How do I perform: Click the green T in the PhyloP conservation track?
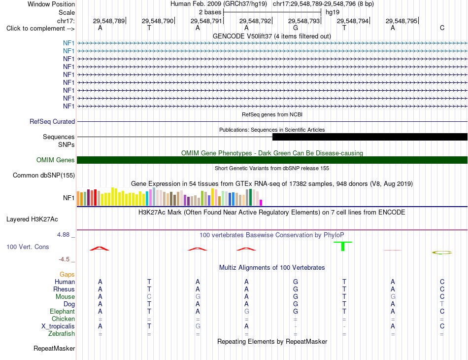pos(343,246)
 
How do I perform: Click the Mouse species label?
pos(65,297)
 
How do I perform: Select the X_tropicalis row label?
pos(58,326)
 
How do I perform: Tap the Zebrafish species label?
pos(62,334)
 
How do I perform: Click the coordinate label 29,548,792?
pos(255,21)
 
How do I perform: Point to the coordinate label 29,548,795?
pos(401,21)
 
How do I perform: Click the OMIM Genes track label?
pos(56,160)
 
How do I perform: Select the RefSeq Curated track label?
pos(52,122)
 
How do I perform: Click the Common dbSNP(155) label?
pos(44,176)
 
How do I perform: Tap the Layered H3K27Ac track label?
pos(32,219)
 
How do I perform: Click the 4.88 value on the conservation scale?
pos(63,235)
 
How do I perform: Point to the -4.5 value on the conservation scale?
pos(64,259)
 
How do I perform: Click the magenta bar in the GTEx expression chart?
pos(261,203)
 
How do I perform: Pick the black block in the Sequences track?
pos(370,137)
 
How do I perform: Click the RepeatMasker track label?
pos(54,349)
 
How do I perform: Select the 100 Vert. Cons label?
pos(28,247)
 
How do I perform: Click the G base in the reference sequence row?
pos(296,28)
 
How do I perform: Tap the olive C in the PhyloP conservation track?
pos(442,253)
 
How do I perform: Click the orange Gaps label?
pos(67,274)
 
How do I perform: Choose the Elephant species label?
pos(62,312)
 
